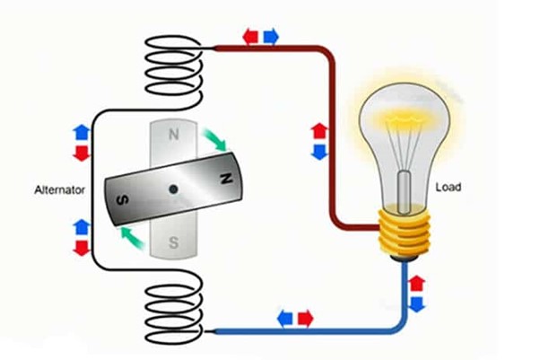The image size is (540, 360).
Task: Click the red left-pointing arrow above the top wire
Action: coord(251,37)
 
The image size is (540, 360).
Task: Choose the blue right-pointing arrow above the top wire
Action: coord(270,37)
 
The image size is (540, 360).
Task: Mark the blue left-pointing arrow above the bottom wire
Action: coord(285,317)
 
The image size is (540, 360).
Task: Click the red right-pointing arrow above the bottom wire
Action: coord(305,317)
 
